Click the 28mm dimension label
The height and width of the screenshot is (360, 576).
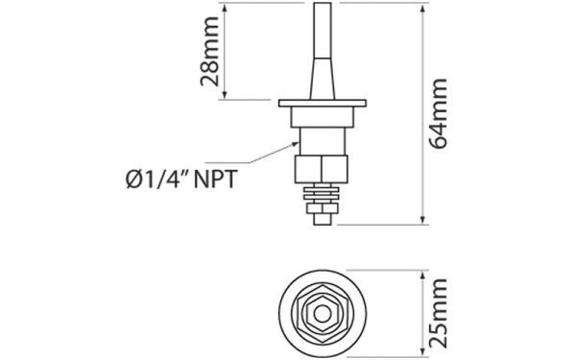209,51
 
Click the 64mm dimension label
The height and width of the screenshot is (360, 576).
439,114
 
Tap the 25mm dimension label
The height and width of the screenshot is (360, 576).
439,313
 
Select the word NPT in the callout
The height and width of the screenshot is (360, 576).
215,180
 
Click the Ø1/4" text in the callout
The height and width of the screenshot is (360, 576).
156,180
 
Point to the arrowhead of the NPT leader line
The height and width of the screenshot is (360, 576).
296,144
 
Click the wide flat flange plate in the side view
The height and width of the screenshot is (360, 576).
323,103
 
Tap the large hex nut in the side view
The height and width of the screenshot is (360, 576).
321,169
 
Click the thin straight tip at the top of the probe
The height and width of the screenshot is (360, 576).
322,30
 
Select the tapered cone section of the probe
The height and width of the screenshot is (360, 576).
323,79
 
